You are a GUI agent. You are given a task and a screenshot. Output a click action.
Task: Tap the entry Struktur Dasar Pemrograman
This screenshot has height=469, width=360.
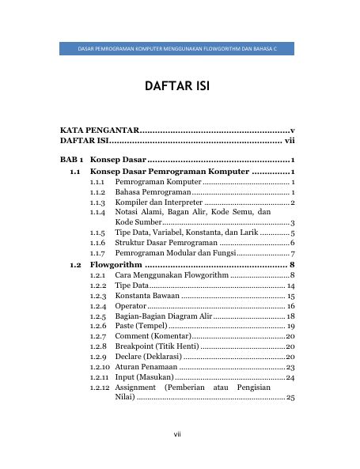[x=166, y=243]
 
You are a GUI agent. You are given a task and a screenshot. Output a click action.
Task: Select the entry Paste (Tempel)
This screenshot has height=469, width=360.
[x=140, y=326]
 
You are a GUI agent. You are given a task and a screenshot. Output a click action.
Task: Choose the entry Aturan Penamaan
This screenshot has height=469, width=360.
[x=146, y=367]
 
